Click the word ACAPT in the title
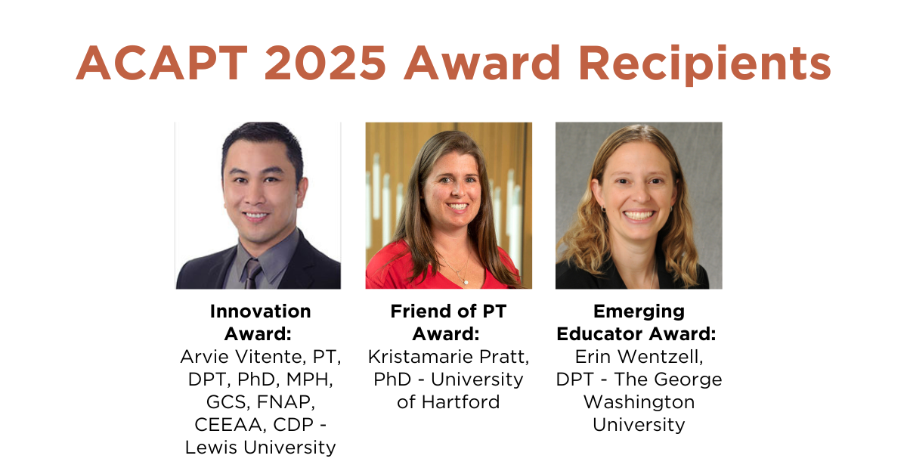pyautogui.click(x=162, y=64)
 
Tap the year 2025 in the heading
pyautogui.click(x=325, y=64)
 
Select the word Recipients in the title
pyautogui.click(x=705, y=65)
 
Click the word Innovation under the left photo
pyautogui.click(x=260, y=311)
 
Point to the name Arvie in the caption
pyautogui.click(x=205, y=357)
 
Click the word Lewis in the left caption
pyautogui.click(x=211, y=448)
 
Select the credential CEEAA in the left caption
pyautogui.click(x=231, y=425)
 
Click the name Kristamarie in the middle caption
pyautogui.click(x=421, y=357)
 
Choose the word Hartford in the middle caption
pyautogui.click(x=461, y=402)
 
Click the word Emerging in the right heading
pyautogui.click(x=639, y=312)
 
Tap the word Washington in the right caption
pyautogui.click(x=639, y=403)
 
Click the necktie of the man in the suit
pyautogui.click(x=252, y=274)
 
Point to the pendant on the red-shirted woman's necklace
pyautogui.click(x=466, y=282)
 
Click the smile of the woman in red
pyautogui.click(x=458, y=206)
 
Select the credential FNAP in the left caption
pyautogui.click(x=286, y=402)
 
